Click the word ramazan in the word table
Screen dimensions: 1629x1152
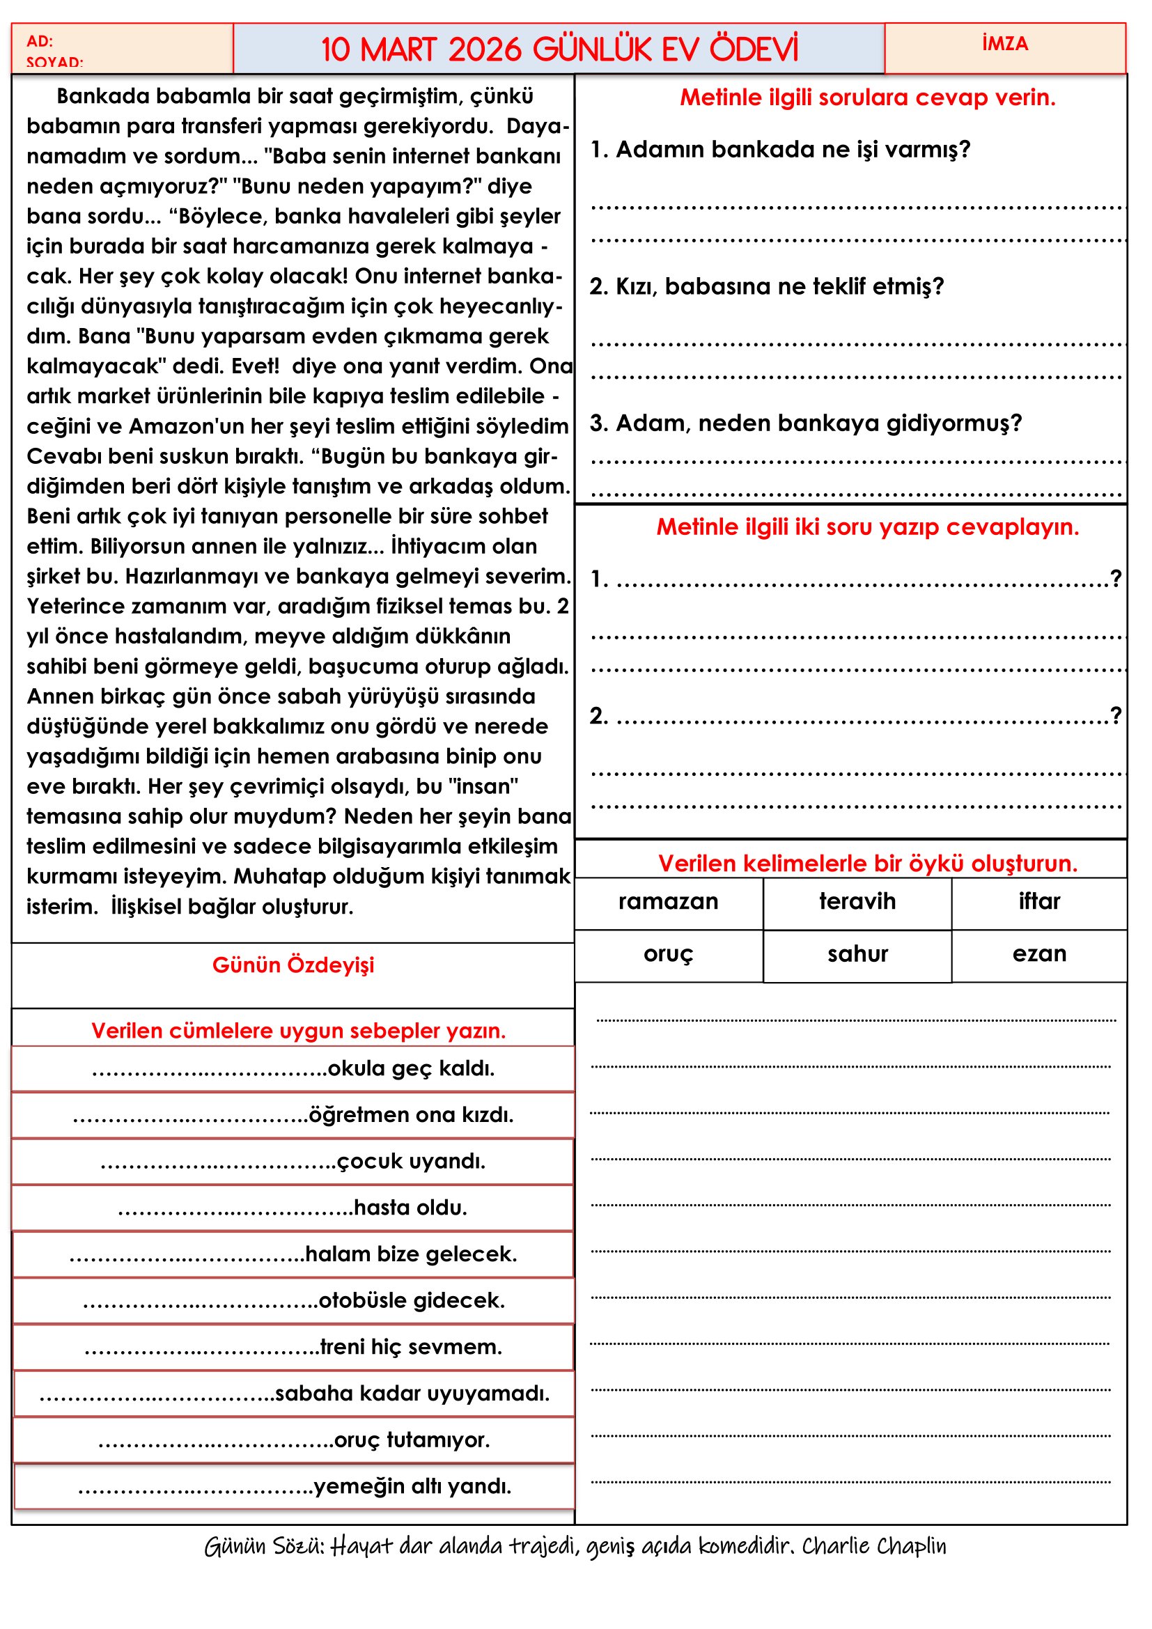667,901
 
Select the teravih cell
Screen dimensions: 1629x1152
857,901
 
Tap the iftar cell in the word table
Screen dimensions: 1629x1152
1038,901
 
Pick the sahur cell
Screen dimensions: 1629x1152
857,953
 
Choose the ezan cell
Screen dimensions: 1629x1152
1038,953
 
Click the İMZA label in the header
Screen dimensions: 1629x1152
1004,44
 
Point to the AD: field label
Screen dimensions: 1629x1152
40,41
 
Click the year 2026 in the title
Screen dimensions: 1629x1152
485,49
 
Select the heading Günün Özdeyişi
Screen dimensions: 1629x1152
293,965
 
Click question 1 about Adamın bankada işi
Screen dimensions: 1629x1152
779,150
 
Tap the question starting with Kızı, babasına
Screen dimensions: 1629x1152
766,287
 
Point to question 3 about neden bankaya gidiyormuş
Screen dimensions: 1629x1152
805,423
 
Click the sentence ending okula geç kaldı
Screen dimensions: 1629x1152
411,1068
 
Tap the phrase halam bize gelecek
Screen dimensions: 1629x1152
411,1254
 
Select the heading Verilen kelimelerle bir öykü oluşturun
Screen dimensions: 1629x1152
867,864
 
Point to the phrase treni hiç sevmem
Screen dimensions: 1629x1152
411,1347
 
